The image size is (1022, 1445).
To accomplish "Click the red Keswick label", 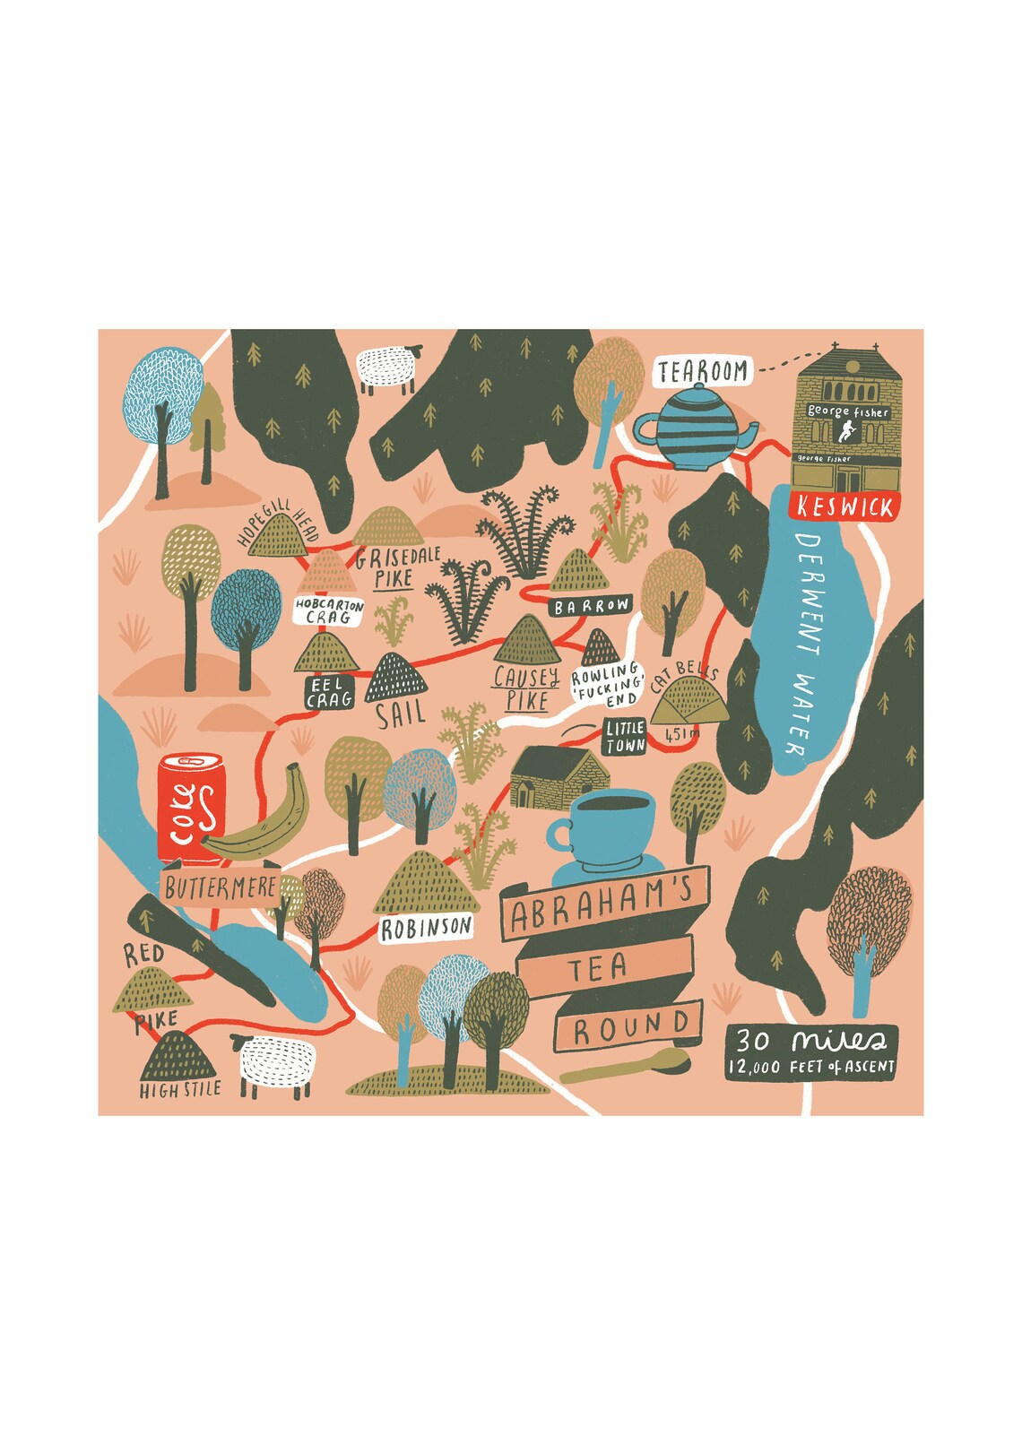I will coord(845,507).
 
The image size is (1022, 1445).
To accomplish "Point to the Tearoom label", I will coord(704,371).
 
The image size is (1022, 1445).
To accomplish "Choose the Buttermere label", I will coord(221,887).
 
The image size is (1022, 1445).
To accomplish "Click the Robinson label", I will coord(426,928).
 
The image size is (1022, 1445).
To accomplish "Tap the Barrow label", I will coord(592,607).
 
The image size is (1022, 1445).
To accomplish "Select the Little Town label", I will coord(624,737).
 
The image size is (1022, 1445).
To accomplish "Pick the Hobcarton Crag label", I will coord(329,610).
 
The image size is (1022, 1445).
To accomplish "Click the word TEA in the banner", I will coord(598,968).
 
